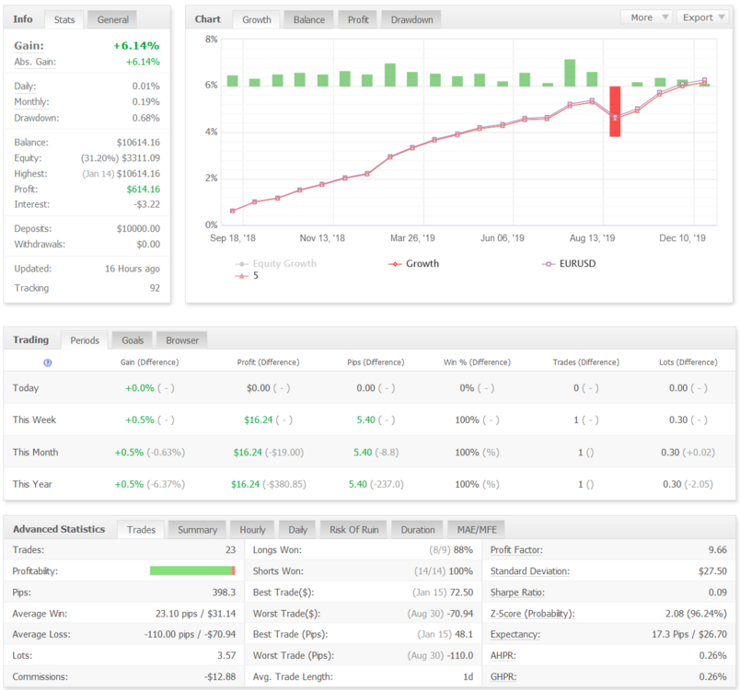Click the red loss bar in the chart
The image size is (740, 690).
tap(615, 111)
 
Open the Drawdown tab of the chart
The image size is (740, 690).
tap(411, 20)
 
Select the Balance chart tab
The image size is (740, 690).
tap(309, 20)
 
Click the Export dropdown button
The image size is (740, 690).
tap(702, 17)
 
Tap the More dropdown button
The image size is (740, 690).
tap(646, 17)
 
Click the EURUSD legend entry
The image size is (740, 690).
tap(569, 264)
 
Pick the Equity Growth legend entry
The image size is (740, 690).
tap(276, 264)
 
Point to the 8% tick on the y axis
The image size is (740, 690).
tap(212, 40)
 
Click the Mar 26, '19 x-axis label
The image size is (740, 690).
tap(412, 238)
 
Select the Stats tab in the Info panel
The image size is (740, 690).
tap(64, 20)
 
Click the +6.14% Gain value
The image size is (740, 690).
tap(136, 46)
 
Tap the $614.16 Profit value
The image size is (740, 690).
tap(143, 190)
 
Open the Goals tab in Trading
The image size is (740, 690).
tap(133, 340)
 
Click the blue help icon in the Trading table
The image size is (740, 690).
tap(48, 362)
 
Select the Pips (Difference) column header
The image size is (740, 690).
tap(376, 362)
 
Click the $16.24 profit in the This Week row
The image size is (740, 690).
tap(258, 420)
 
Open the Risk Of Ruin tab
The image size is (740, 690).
tap(354, 530)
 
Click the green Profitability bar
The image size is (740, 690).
tap(191, 570)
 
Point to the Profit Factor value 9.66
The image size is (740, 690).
tap(717, 550)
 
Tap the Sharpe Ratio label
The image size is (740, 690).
tap(517, 592)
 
